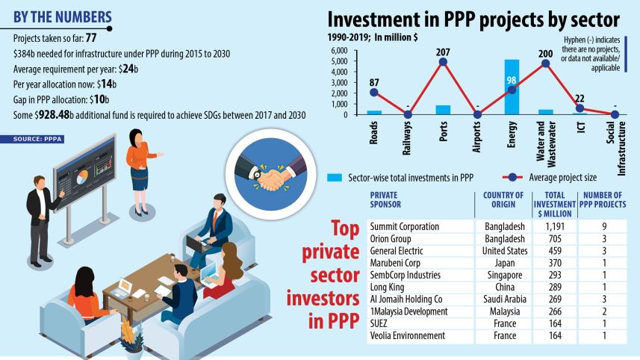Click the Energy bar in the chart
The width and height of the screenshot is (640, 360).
click(512, 87)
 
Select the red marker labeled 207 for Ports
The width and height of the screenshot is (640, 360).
click(442, 62)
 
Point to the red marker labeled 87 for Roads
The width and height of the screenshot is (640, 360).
click(373, 93)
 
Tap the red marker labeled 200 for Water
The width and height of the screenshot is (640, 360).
click(546, 63)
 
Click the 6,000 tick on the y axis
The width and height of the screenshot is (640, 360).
click(338, 50)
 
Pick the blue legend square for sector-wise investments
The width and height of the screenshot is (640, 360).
click(335, 178)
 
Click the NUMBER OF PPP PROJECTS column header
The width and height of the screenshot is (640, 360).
click(602, 205)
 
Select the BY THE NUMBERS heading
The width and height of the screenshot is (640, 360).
click(63, 16)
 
